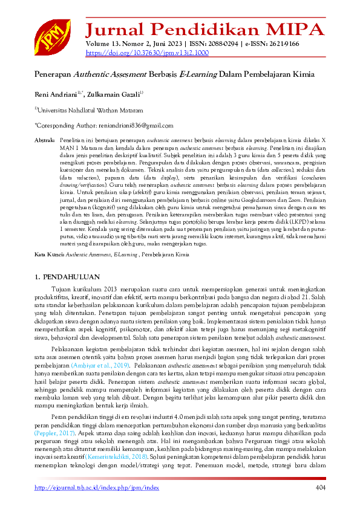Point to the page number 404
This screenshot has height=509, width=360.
pyautogui.click(x=320, y=488)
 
